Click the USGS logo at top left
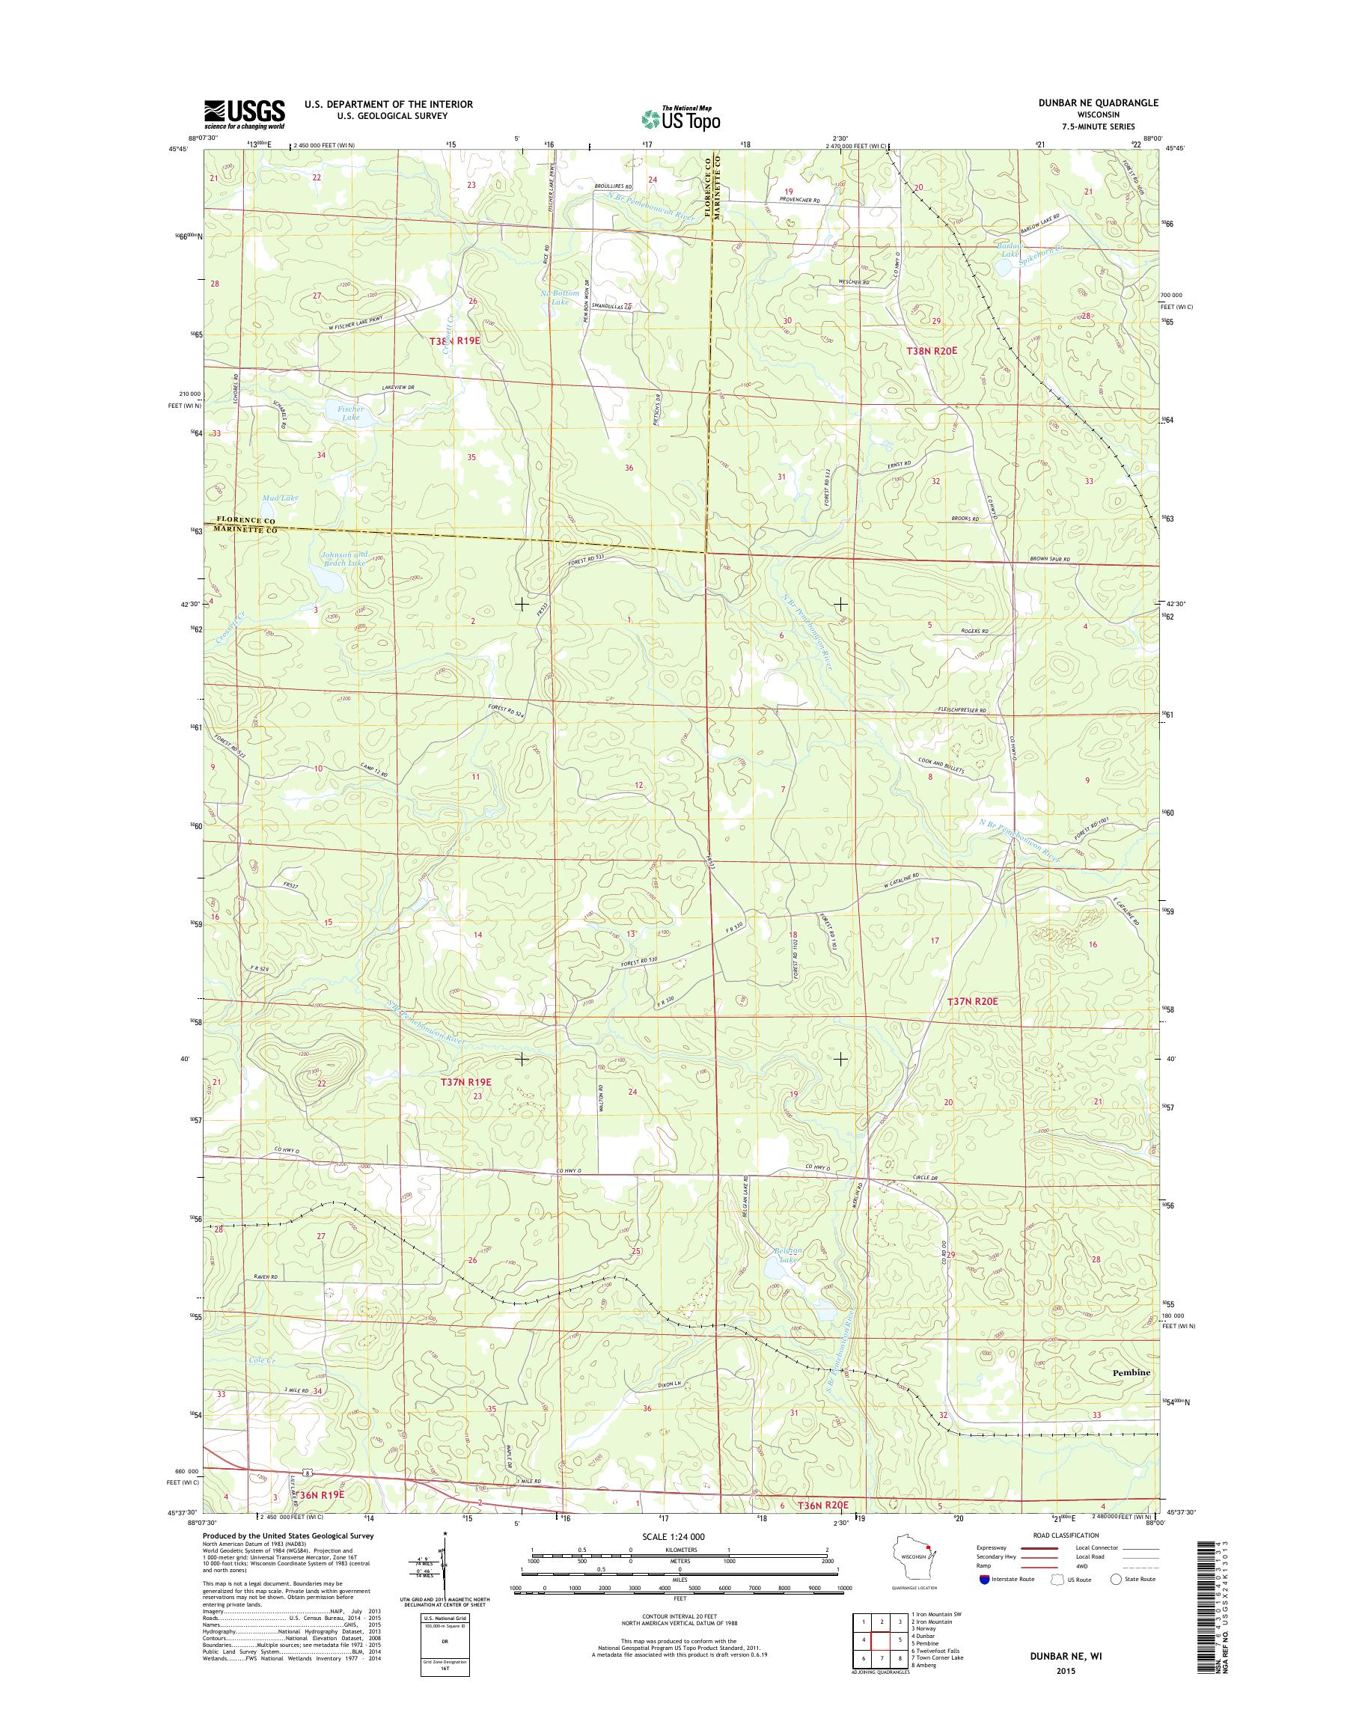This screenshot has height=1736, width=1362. [x=244, y=114]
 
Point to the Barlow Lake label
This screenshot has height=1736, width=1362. [x=1010, y=251]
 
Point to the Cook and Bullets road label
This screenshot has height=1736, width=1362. [x=941, y=765]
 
